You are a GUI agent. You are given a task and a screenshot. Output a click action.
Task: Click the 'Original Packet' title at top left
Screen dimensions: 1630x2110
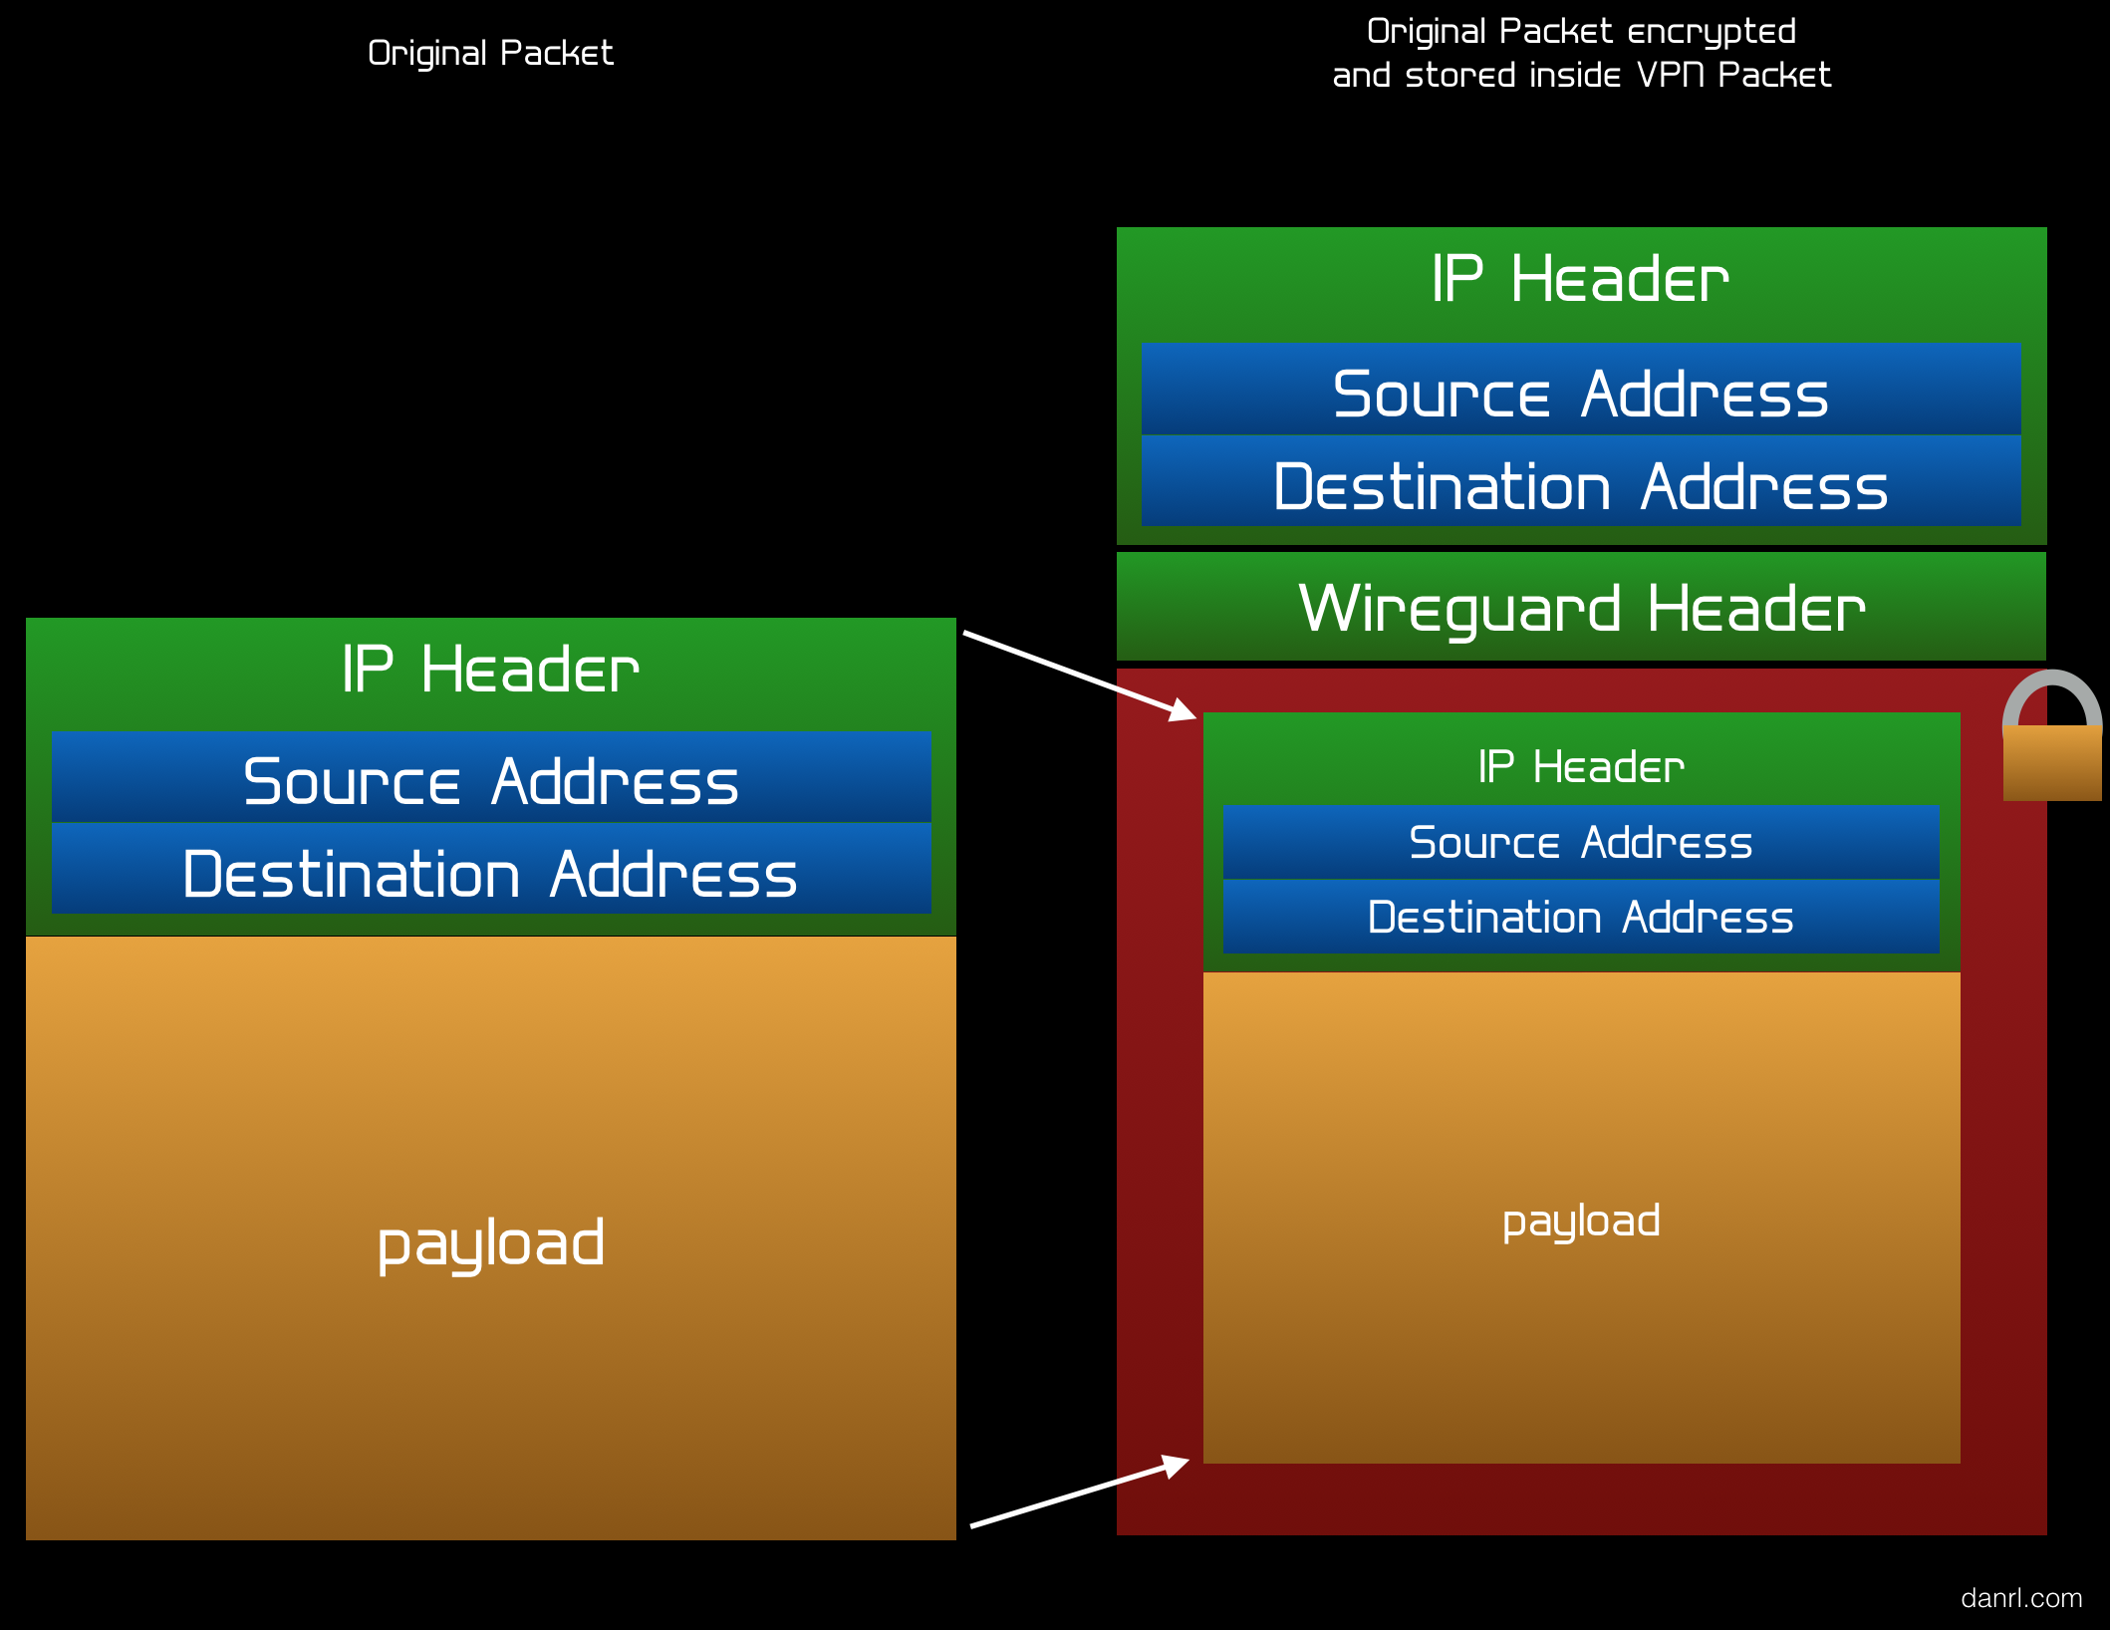[x=490, y=53]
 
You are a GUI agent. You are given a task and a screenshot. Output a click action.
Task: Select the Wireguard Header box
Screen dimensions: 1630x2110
[x=1581, y=607]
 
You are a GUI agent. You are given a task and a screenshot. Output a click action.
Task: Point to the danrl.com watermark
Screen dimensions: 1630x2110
[x=2021, y=1598]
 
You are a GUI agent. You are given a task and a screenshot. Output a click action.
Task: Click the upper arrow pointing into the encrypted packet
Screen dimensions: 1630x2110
[x=1080, y=675]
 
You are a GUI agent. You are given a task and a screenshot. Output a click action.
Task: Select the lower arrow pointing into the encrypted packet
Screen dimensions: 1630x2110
[x=1080, y=1492]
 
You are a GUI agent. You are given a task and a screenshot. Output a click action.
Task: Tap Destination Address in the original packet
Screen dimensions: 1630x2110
[x=491, y=874]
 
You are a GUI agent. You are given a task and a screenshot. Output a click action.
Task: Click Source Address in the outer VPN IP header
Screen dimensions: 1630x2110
[x=1581, y=393]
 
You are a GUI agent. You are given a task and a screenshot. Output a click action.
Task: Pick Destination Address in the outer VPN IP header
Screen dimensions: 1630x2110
[x=1581, y=486]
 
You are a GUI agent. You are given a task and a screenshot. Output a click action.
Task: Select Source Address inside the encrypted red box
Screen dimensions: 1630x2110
[x=1581, y=842]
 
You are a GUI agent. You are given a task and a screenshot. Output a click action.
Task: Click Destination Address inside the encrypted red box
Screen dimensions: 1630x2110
[x=1581, y=917]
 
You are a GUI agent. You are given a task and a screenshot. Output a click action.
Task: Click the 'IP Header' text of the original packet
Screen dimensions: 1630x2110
[x=491, y=669]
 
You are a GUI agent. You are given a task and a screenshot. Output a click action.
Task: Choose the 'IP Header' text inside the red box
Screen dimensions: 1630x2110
[x=1581, y=766]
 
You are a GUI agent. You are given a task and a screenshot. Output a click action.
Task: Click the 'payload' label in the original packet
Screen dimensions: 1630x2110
[x=491, y=1243]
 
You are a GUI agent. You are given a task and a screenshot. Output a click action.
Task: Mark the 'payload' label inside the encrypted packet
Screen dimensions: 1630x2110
[x=1581, y=1222]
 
